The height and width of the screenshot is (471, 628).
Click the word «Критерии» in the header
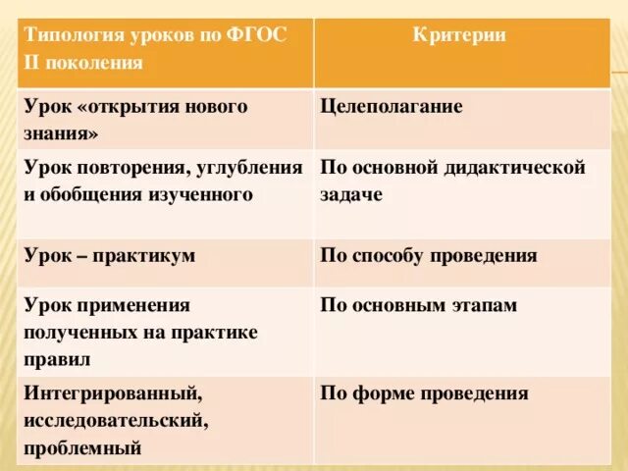point(459,35)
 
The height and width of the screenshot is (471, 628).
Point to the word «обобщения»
point(92,194)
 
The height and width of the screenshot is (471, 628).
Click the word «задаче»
point(350,194)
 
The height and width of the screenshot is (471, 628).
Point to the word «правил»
point(59,360)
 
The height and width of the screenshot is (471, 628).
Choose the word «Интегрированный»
point(113,393)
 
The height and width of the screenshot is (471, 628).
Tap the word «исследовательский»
point(117,421)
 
